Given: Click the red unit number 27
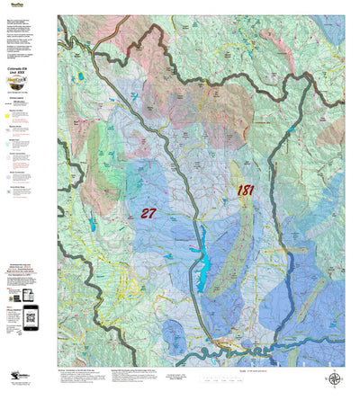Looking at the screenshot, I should click(149, 213).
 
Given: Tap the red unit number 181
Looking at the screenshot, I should click(245, 191).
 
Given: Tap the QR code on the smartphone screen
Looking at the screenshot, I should click(31, 314).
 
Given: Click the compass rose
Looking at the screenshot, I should click(334, 379).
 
